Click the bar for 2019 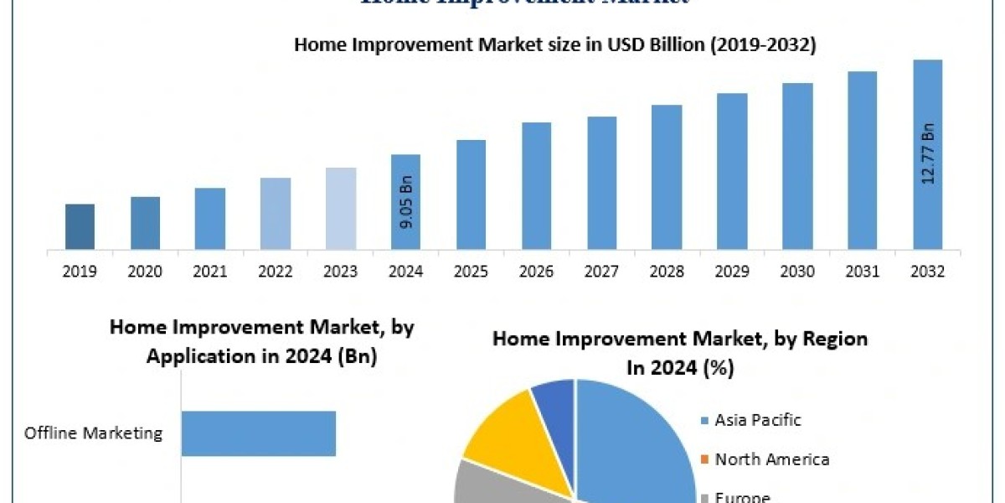pyautogui.click(x=80, y=226)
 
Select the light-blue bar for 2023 pyautogui.click(x=341, y=208)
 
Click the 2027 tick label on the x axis pyautogui.click(x=601, y=272)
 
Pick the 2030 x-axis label pyautogui.click(x=797, y=272)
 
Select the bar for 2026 pyautogui.click(x=537, y=185)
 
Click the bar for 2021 pyautogui.click(x=210, y=218)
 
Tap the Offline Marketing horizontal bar pyautogui.click(x=258, y=433)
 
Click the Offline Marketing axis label pyautogui.click(x=93, y=433)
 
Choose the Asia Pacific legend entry pyautogui.click(x=757, y=420)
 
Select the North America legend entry pyautogui.click(x=771, y=459)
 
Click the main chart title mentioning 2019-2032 pyautogui.click(x=554, y=45)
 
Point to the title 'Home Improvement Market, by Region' pyautogui.click(x=679, y=339)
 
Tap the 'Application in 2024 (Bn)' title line pyautogui.click(x=261, y=356)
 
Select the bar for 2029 pyautogui.click(x=732, y=171)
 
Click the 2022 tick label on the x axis pyautogui.click(x=276, y=272)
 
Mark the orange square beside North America pyautogui.click(x=704, y=459)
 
